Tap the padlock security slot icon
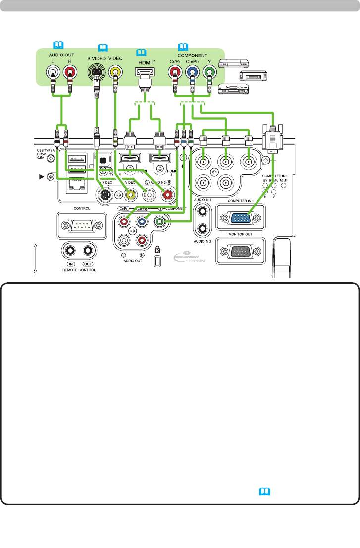point(157,250)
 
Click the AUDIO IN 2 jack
point(203,228)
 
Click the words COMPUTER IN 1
point(240,201)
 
